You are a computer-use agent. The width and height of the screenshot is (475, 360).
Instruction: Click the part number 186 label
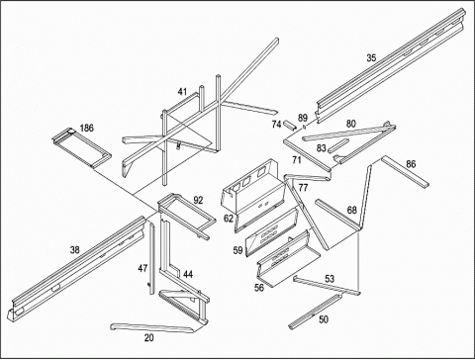(x=87, y=128)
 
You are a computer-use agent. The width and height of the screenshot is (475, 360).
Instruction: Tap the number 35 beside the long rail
(x=371, y=58)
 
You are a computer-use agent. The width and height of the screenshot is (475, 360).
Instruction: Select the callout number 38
(x=75, y=250)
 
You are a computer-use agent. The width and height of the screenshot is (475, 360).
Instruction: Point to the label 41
(x=182, y=92)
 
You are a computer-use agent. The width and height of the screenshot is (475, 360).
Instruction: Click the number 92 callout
(x=198, y=200)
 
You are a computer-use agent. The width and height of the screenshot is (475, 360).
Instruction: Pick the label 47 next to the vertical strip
(x=142, y=268)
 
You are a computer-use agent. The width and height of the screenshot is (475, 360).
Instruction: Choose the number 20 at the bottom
(x=149, y=337)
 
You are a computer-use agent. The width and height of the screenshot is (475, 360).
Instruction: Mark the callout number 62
(x=229, y=219)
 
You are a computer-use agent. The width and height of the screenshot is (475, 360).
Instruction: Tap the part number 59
(x=237, y=250)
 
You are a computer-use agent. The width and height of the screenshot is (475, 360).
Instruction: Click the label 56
(x=259, y=288)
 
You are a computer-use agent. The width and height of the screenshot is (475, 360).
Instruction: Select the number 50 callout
(x=324, y=319)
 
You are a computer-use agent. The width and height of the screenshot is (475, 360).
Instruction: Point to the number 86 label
(x=411, y=164)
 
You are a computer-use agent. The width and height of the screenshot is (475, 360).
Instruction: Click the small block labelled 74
(x=289, y=125)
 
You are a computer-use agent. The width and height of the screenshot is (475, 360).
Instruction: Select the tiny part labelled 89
(x=305, y=127)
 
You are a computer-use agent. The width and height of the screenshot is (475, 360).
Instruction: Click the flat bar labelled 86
(x=405, y=172)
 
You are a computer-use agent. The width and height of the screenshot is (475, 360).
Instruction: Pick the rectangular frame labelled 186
(x=81, y=147)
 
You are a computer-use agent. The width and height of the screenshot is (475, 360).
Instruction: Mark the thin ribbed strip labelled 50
(x=316, y=312)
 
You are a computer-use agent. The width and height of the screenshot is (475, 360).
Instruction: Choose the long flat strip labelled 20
(x=151, y=327)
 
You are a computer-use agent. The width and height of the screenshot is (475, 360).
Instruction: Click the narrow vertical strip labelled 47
(x=151, y=257)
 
